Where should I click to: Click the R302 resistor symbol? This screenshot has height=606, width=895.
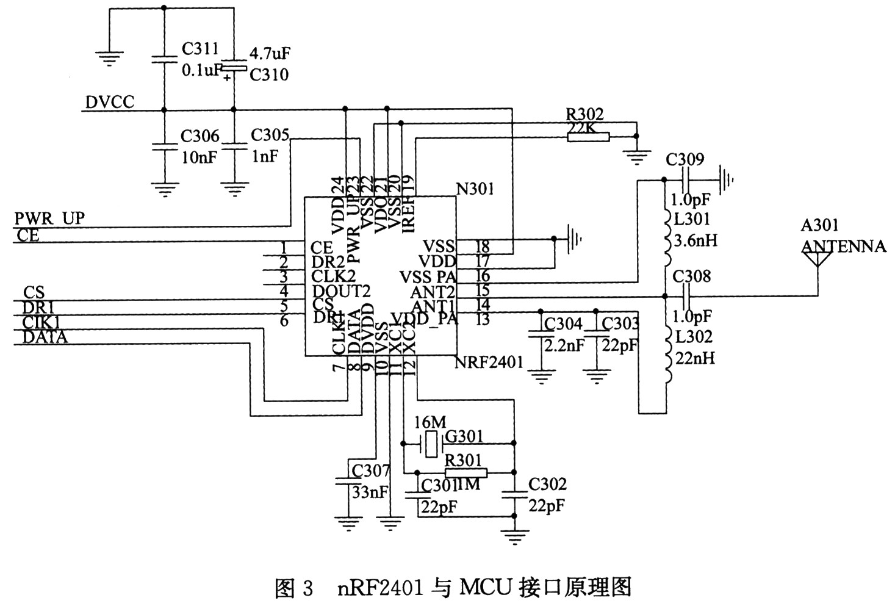pos(588,137)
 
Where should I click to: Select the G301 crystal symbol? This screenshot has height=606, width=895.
pos(431,444)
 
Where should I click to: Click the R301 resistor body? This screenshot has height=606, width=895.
pos(466,472)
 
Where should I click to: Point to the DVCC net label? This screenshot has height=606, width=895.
pos(110,102)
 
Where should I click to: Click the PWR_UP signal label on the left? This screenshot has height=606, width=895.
pos(50,218)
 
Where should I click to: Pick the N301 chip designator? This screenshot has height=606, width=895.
pos(475,189)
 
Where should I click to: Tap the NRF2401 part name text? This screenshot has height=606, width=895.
pos(489,362)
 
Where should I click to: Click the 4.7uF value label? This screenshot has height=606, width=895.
pos(270,54)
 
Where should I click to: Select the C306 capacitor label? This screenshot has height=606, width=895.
pos(200,135)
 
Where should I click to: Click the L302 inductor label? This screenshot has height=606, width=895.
pos(692,336)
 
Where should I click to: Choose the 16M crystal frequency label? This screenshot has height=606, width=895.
pos(430,423)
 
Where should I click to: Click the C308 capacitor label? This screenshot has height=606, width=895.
pos(692,276)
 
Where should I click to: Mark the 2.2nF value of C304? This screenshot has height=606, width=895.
pos(564,345)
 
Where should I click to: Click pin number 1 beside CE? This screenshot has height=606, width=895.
pos(283,248)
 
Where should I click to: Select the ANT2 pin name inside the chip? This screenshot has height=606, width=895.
pos(433,292)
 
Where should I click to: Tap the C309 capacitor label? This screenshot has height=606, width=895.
pos(685,160)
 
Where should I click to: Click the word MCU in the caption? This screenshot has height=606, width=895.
pos(483,587)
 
